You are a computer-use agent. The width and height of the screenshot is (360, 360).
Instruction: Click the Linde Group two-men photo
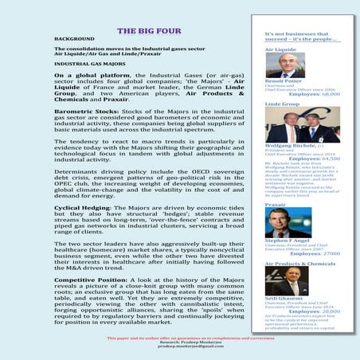coord(302,124)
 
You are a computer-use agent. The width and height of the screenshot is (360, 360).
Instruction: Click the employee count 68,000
coord(326,92)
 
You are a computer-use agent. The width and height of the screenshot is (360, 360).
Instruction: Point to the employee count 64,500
coord(326,158)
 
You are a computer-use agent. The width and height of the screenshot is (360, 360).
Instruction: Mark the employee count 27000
coord(327,253)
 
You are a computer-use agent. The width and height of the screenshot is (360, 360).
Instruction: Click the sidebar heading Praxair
coord(275,205)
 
